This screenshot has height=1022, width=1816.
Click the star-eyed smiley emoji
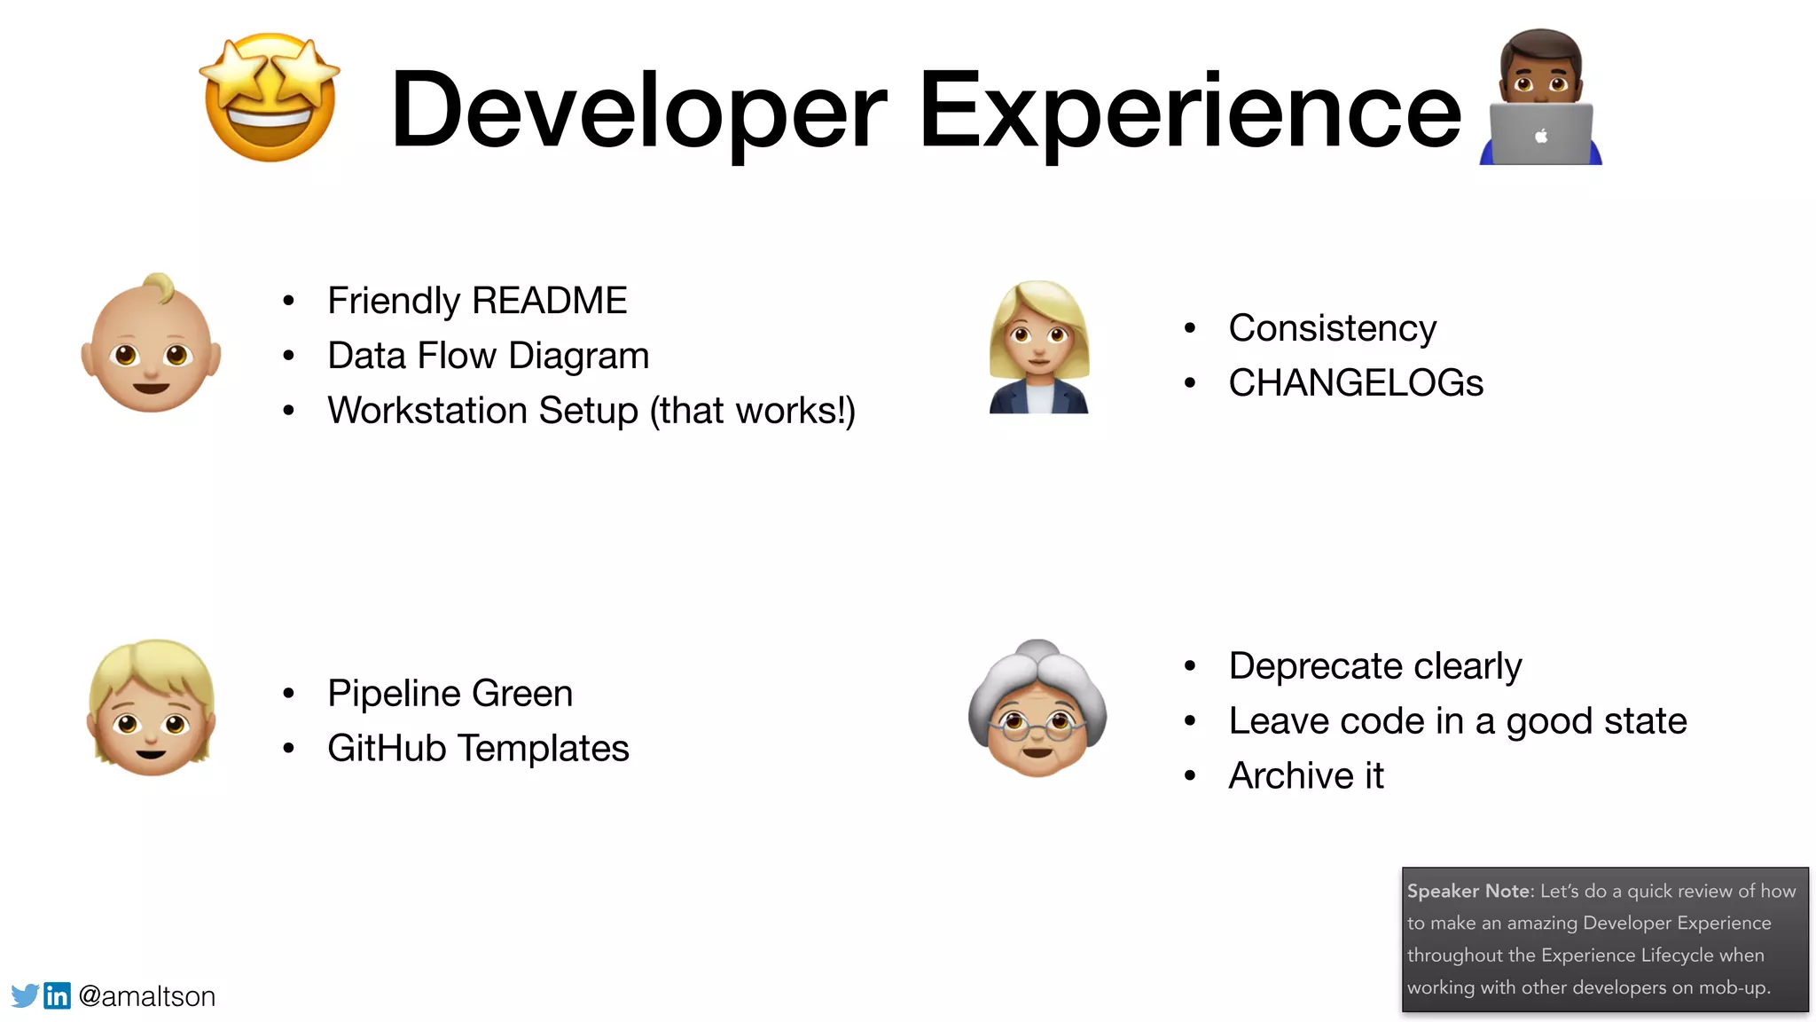270,98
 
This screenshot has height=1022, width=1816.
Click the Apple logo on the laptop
1541,136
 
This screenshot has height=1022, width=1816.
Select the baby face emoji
151,344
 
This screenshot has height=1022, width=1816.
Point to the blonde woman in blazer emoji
1038,347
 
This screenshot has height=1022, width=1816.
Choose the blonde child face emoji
152,708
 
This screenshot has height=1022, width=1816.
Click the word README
550,301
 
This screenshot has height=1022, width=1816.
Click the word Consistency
1332,328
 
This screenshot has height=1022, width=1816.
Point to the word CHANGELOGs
1355,383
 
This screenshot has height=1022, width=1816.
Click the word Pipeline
395,694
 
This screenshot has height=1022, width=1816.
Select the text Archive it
1305,776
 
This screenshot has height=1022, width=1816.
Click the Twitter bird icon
25,995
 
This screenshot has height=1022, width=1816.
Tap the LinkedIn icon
57,995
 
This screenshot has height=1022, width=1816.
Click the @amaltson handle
147,996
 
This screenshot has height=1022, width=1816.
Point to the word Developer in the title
638,111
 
